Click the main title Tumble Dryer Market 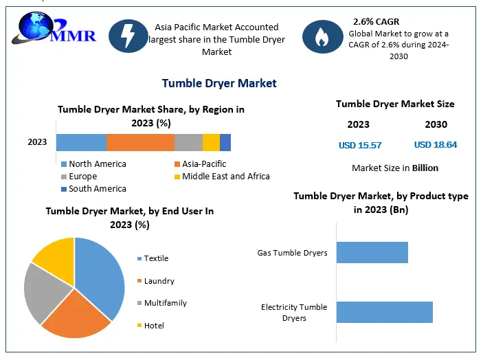(219, 83)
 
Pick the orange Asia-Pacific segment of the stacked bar (140, 142)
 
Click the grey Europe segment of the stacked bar (188, 142)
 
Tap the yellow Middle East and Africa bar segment (211, 142)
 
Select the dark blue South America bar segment (225, 142)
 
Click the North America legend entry (97, 164)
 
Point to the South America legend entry (97, 189)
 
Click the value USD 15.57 (360, 145)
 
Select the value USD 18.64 (436, 145)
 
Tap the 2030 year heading (436, 124)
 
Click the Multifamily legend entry (164, 303)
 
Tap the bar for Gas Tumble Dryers (372, 253)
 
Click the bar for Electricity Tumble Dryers (385, 312)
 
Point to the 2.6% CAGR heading (377, 21)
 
